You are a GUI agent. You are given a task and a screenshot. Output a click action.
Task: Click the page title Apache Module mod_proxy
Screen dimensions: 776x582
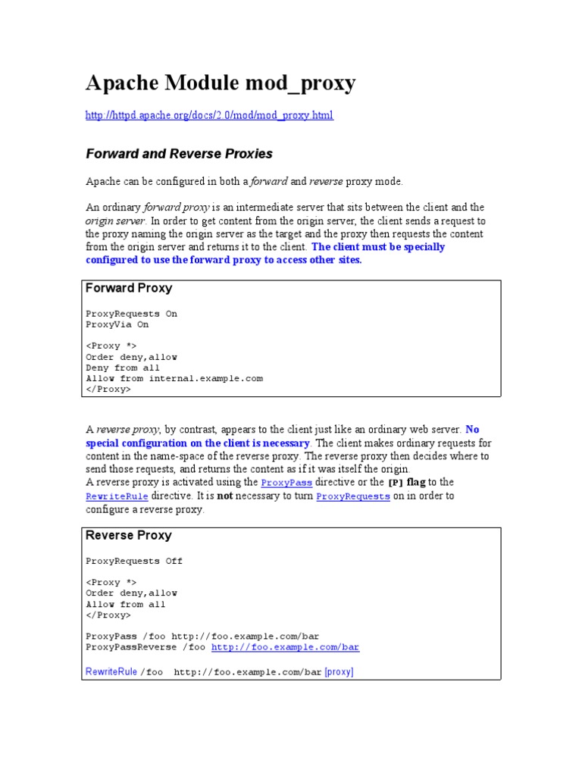pos(220,83)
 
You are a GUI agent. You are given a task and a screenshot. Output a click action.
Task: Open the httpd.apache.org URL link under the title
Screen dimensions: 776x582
pos(208,115)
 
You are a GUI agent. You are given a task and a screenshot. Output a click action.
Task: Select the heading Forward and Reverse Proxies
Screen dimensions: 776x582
pos(179,154)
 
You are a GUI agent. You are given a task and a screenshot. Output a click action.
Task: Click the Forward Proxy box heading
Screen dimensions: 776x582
pos(129,288)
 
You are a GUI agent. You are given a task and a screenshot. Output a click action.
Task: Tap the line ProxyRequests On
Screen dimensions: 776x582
pos(131,314)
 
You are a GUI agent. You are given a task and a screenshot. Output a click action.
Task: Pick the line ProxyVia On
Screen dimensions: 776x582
pos(117,324)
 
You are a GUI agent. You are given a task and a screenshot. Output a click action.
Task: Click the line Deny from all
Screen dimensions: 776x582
pos(123,368)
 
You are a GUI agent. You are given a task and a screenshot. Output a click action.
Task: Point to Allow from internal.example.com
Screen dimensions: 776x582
pos(174,378)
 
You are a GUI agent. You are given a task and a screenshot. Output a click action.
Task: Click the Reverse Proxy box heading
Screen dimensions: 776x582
pos(129,535)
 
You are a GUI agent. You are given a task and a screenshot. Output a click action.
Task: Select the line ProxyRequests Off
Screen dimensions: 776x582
pos(134,562)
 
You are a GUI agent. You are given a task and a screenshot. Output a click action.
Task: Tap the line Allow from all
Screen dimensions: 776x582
pos(126,605)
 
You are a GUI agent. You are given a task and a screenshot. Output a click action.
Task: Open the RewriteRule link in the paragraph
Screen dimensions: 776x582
pos(117,496)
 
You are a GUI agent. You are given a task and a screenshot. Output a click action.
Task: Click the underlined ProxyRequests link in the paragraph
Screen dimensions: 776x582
pos(353,496)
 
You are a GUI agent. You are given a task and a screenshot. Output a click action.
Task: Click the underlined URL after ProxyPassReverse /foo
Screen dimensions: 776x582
pos(285,648)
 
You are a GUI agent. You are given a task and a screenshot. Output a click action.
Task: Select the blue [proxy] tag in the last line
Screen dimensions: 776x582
pos(339,671)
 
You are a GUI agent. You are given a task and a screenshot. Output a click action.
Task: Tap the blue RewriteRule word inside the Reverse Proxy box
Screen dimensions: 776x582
pos(111,671)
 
